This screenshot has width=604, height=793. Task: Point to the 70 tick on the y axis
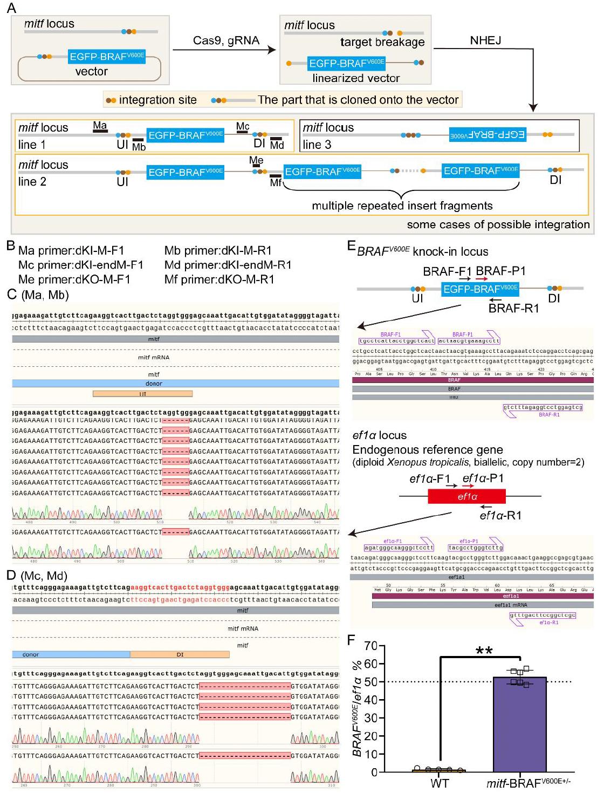click(369, 646)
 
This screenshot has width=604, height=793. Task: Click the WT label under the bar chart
click(440, 783)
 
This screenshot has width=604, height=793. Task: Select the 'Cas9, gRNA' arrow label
click(226, 40)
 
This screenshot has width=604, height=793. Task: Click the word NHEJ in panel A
click(485, 40)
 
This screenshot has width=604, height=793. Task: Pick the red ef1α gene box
click(466, 496)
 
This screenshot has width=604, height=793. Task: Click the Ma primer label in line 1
click(100, 125)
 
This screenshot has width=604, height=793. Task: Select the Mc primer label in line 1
click(243, 126)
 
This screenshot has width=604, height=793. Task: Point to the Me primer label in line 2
click(256, 160)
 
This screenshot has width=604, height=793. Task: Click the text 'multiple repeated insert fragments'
click(402, 206)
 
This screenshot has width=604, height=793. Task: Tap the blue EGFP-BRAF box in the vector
click(107, 56)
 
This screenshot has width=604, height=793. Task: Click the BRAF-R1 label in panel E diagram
click(513, 309)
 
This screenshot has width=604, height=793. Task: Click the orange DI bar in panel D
click(180, 654)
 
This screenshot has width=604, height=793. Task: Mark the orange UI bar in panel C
click(142, 394)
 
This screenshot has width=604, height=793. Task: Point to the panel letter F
click(351, 640)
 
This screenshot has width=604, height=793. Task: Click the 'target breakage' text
click(382, 42)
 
